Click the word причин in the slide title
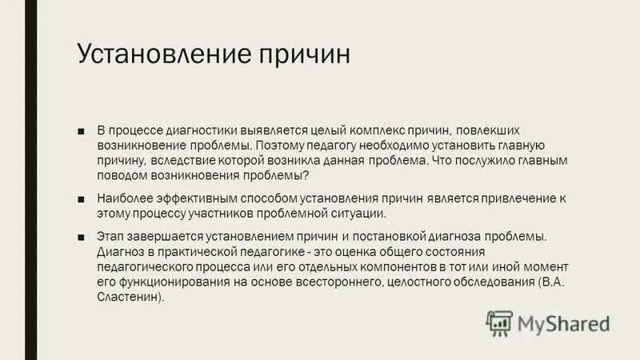[303, 56]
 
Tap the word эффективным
[192, 198]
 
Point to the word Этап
[110, 237]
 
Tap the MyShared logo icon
[499, 322]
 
